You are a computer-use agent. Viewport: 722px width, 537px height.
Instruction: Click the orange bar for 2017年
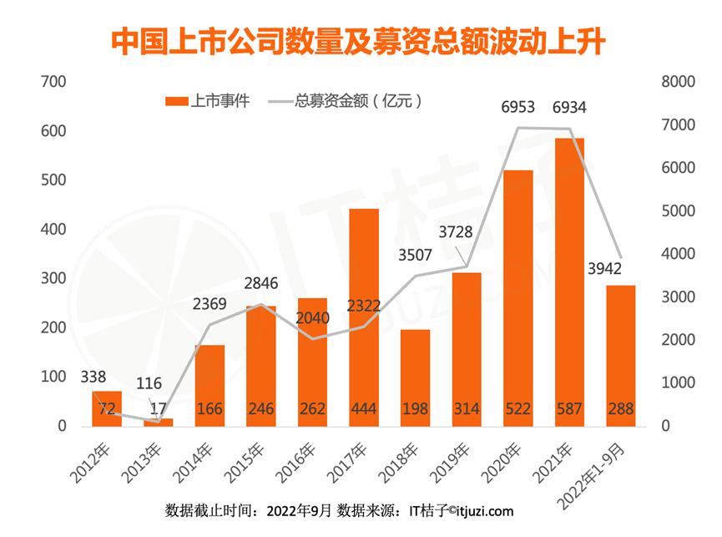pos(364,317)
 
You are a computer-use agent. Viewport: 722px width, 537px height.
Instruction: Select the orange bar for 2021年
pos(569,281)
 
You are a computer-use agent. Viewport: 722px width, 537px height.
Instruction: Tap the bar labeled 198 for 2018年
pos(416,377)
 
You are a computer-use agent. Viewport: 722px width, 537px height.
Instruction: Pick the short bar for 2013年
pos(159,423)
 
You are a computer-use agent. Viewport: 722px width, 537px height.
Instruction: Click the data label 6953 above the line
pos(518,107)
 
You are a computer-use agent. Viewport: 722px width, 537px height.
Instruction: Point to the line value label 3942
pos(604,269)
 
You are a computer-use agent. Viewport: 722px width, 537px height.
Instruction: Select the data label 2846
pos(261,283)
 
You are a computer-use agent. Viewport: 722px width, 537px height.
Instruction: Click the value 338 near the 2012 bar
pos(93,377)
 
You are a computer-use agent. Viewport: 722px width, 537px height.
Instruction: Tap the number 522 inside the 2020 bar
pos(518,408)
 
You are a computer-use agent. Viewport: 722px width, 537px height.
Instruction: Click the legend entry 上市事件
pos(207,100)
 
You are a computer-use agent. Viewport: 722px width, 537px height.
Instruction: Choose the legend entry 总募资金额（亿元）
pos(346,100)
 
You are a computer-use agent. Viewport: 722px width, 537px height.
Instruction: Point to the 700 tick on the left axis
pos(53,82)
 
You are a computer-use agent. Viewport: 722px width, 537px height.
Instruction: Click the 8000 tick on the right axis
pos(679,82)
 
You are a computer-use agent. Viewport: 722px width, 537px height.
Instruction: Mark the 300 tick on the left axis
pos(53,278)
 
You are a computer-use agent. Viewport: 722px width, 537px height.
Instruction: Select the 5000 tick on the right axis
pos(679,210)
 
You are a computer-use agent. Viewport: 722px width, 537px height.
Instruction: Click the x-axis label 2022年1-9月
pos(591,475)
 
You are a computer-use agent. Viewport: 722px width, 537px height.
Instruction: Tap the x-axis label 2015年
pos(243,463)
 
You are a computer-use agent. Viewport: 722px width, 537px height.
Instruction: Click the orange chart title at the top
pos(358,42)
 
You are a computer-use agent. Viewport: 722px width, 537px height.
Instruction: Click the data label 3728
pos(456,231)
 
